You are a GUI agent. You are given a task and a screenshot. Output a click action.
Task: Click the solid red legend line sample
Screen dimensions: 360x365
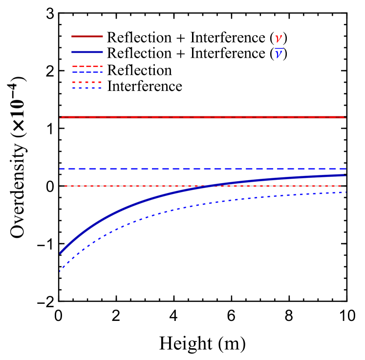pos(87,36)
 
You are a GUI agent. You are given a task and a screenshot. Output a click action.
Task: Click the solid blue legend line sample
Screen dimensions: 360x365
pos(87,52)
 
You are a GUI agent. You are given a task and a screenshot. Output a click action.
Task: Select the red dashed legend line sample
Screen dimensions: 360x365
pos(87,66)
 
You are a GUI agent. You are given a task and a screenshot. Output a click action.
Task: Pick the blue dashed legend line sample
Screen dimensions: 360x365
pos(87,72)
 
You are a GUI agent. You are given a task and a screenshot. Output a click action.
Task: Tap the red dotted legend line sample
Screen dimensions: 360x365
pos(87,82)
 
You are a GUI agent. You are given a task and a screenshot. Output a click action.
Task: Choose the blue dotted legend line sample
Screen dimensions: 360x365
pos(87,87)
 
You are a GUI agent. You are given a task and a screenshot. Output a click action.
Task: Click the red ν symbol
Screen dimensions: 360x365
pos(279,38)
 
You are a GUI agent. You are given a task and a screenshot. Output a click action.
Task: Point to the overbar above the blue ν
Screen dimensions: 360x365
pos(279,49)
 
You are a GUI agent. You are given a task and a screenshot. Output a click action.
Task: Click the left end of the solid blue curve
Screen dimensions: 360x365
pos(61,252)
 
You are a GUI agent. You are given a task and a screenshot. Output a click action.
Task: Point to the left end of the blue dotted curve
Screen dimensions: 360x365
pos(60,270)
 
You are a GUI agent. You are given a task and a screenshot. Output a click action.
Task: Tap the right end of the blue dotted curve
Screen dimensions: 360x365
pos(345,192)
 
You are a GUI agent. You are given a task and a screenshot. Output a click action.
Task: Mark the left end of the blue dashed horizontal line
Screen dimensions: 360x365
pos(61,169)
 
